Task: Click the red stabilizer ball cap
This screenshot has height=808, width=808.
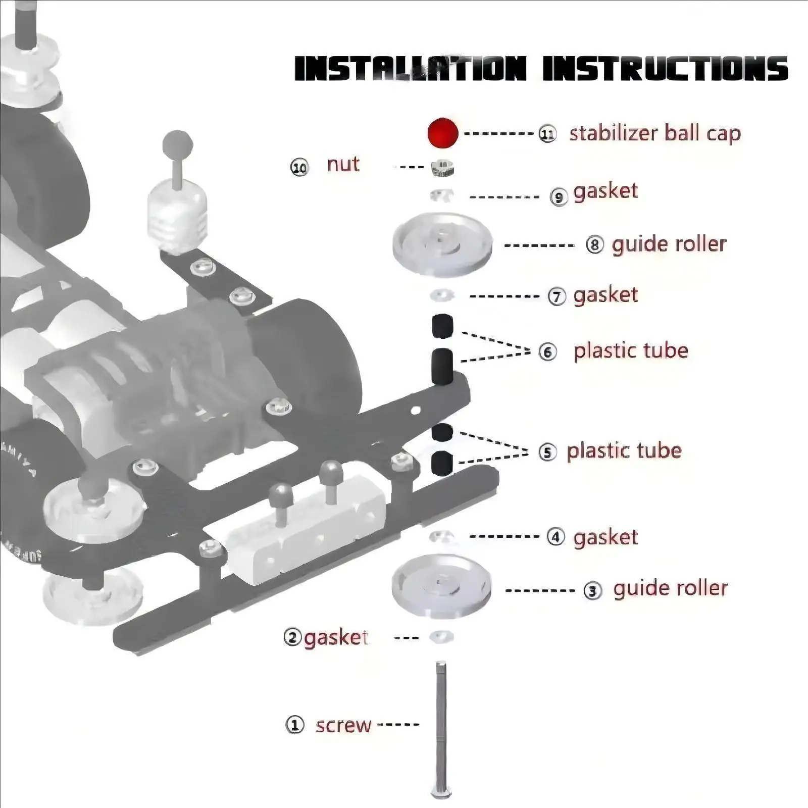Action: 442,133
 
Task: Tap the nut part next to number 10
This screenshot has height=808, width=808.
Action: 442,168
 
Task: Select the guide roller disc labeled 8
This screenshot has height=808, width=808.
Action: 442,244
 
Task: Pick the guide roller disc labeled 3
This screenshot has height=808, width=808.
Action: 441,586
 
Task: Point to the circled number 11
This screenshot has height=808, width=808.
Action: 547,134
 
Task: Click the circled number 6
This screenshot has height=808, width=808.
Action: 547,351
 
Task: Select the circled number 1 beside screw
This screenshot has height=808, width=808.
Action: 295,725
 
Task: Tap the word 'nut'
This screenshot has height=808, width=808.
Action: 343,164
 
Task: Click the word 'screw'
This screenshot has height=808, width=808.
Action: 343,726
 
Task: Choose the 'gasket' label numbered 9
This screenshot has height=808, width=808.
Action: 605,191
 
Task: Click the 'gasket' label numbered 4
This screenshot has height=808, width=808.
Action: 605,537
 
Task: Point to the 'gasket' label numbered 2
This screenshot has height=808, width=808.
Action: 335,638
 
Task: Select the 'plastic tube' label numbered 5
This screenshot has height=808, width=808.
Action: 624,451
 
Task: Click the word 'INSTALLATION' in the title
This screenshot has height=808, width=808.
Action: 410,69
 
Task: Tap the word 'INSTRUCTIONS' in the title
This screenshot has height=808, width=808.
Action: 665,69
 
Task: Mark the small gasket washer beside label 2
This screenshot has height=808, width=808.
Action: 441,637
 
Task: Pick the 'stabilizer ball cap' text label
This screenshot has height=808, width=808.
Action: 654,133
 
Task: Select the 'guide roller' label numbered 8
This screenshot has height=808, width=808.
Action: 669,244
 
